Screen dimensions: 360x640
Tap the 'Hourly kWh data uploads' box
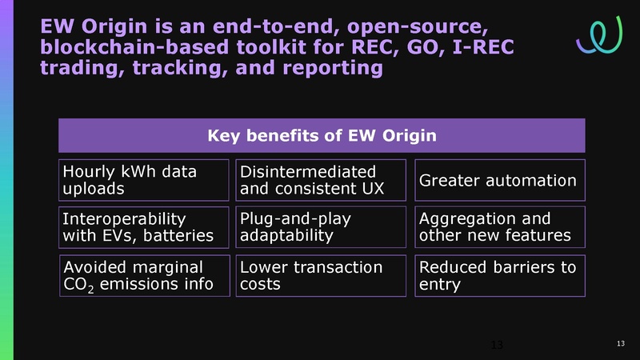click(x=145, y=180)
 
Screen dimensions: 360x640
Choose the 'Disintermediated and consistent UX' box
click(x=322, y=180)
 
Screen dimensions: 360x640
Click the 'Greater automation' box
click(x=500, y=180)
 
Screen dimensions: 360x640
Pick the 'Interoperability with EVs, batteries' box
click(x=145, y=227)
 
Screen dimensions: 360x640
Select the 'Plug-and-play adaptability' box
click(x=322, y=227)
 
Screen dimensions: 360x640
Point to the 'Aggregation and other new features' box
click(x=500, y=227)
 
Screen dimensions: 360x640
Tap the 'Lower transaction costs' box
click(x=322, y=275)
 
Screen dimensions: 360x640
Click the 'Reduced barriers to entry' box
click(x=500, y=275)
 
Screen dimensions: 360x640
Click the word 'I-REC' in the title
click(x=472, y=48)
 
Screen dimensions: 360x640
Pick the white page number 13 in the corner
click(x=620, y=344)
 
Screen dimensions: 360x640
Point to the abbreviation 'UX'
click(x=370, y=190)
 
